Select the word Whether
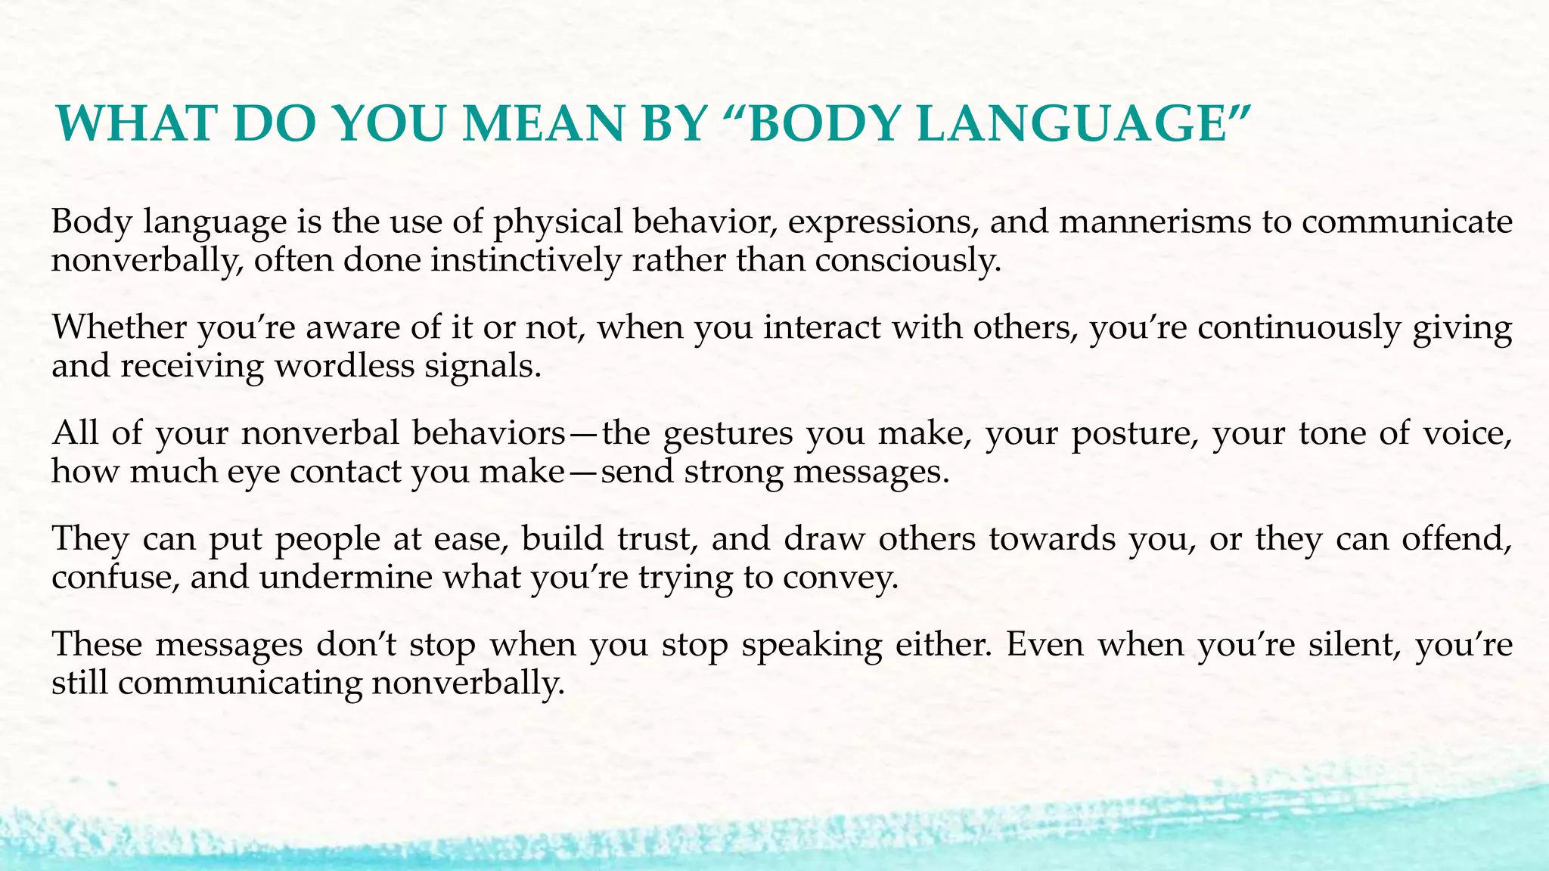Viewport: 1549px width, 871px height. (119, 328)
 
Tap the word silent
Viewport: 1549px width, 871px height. (1343, 646)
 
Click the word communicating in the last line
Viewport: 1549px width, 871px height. (240, 684)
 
